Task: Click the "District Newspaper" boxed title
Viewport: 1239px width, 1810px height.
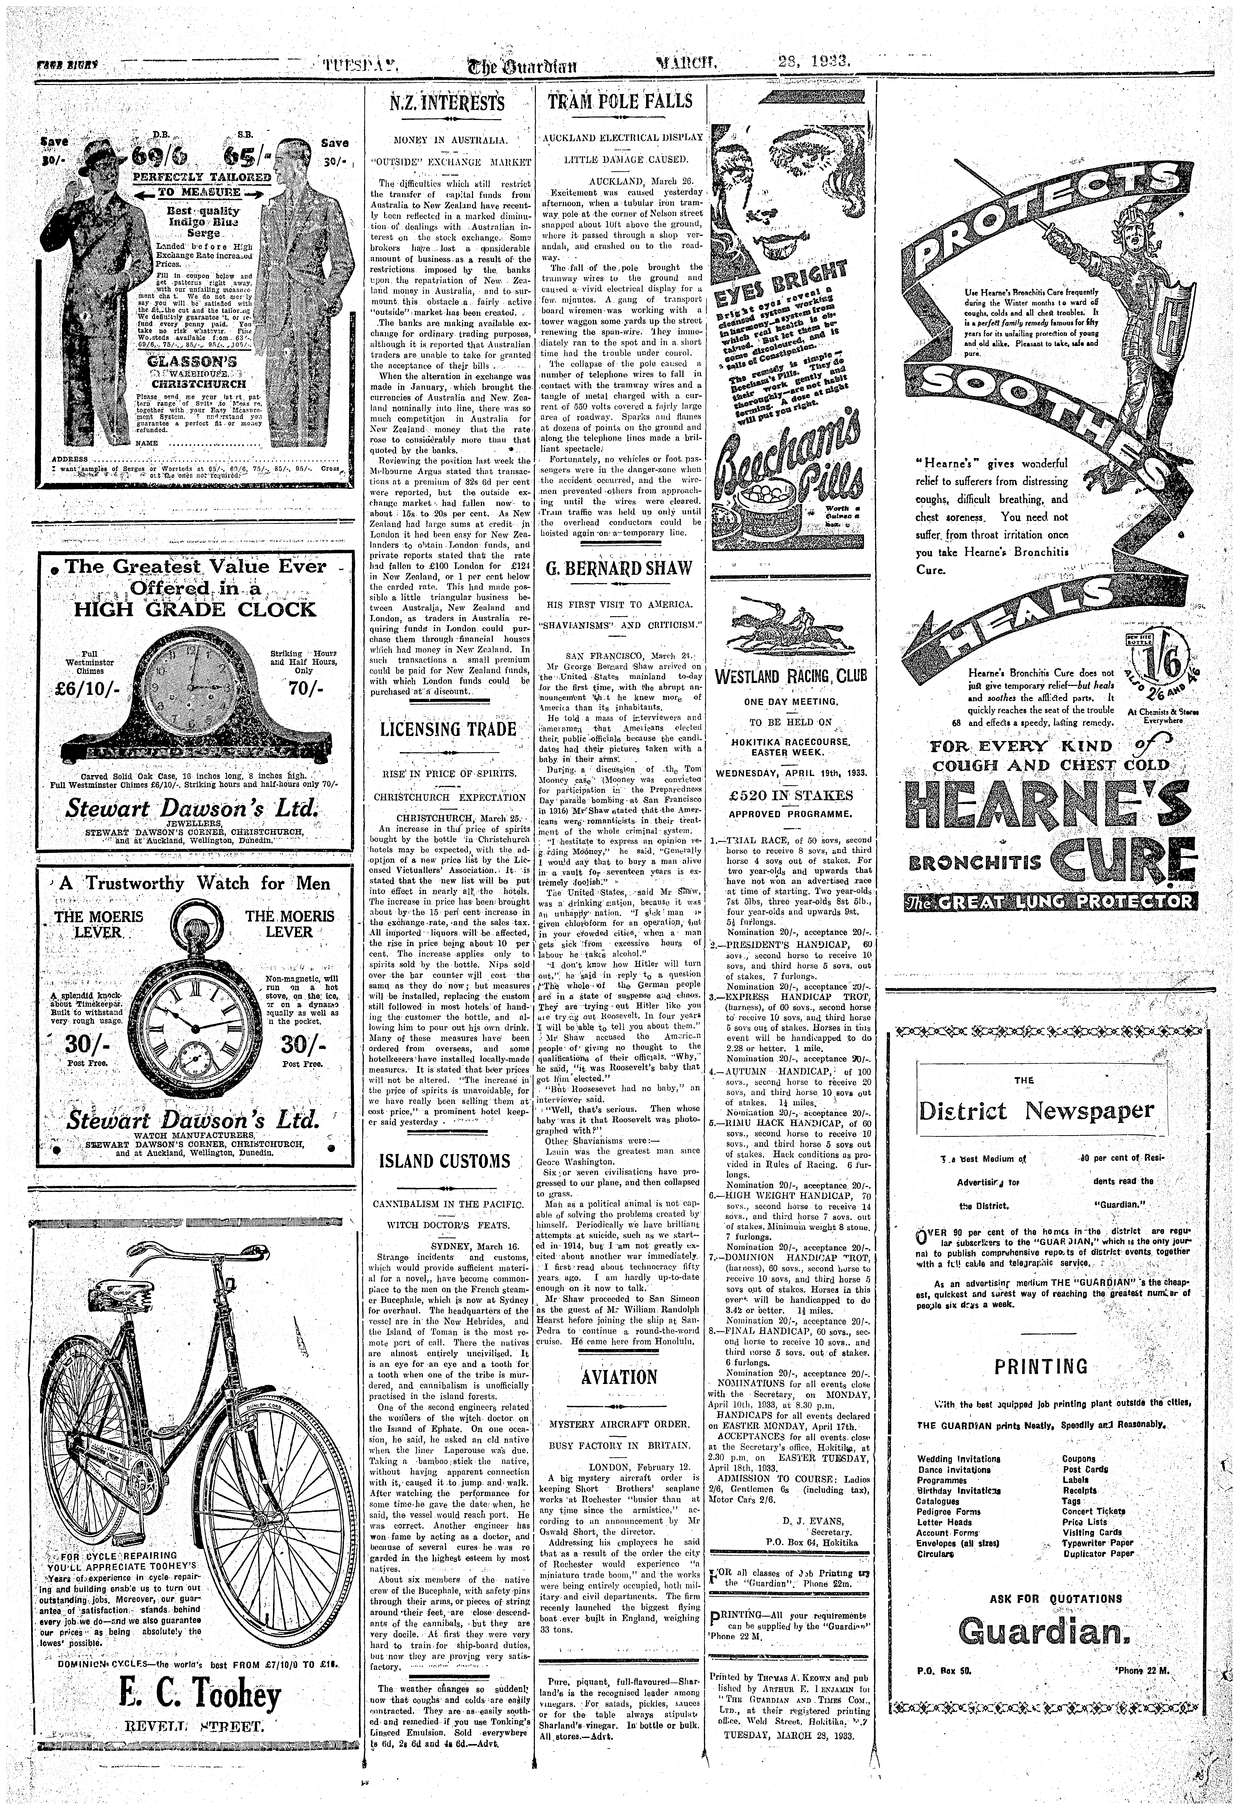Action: pyautogui.click(x=1036, y=1109)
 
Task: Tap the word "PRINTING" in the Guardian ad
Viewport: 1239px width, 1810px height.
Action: pyautogui.click(x=1040, y=1366)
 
